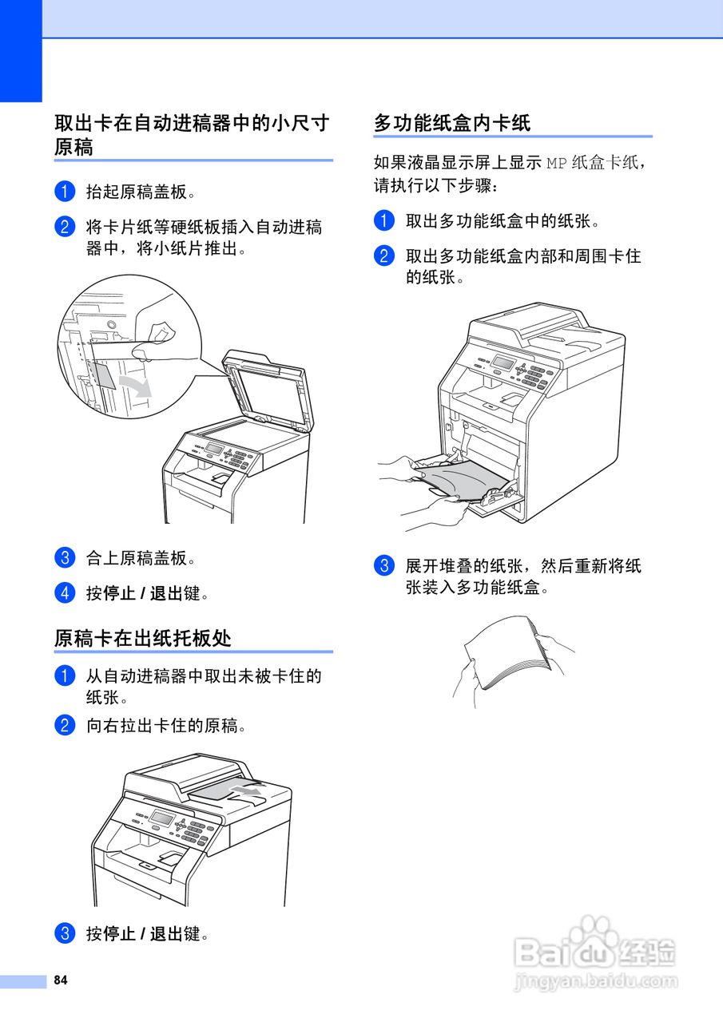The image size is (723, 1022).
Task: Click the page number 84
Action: click(x=61, y=980)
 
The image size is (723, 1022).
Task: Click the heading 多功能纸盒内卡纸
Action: click(x=452, y=123)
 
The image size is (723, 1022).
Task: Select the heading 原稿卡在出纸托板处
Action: click(x=143, y=638)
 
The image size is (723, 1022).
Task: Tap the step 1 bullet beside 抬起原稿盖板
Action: click(x=65, y=192)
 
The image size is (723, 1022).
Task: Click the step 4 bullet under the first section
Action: click(x=65, y=593)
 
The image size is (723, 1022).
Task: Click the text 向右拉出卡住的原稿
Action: click(x=165, y=726)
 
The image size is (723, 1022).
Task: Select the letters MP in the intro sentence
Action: click(x=556, y=164)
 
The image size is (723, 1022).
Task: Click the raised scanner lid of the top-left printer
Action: click(x=268, y=391)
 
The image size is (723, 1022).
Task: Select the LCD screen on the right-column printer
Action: click(x=503, y=362)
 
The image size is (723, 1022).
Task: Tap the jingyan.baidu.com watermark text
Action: click(x=595, y=980)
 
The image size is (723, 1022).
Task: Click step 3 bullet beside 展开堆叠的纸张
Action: click(x=384, y=566)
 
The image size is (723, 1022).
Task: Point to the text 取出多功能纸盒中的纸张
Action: click(x=503, y=221)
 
